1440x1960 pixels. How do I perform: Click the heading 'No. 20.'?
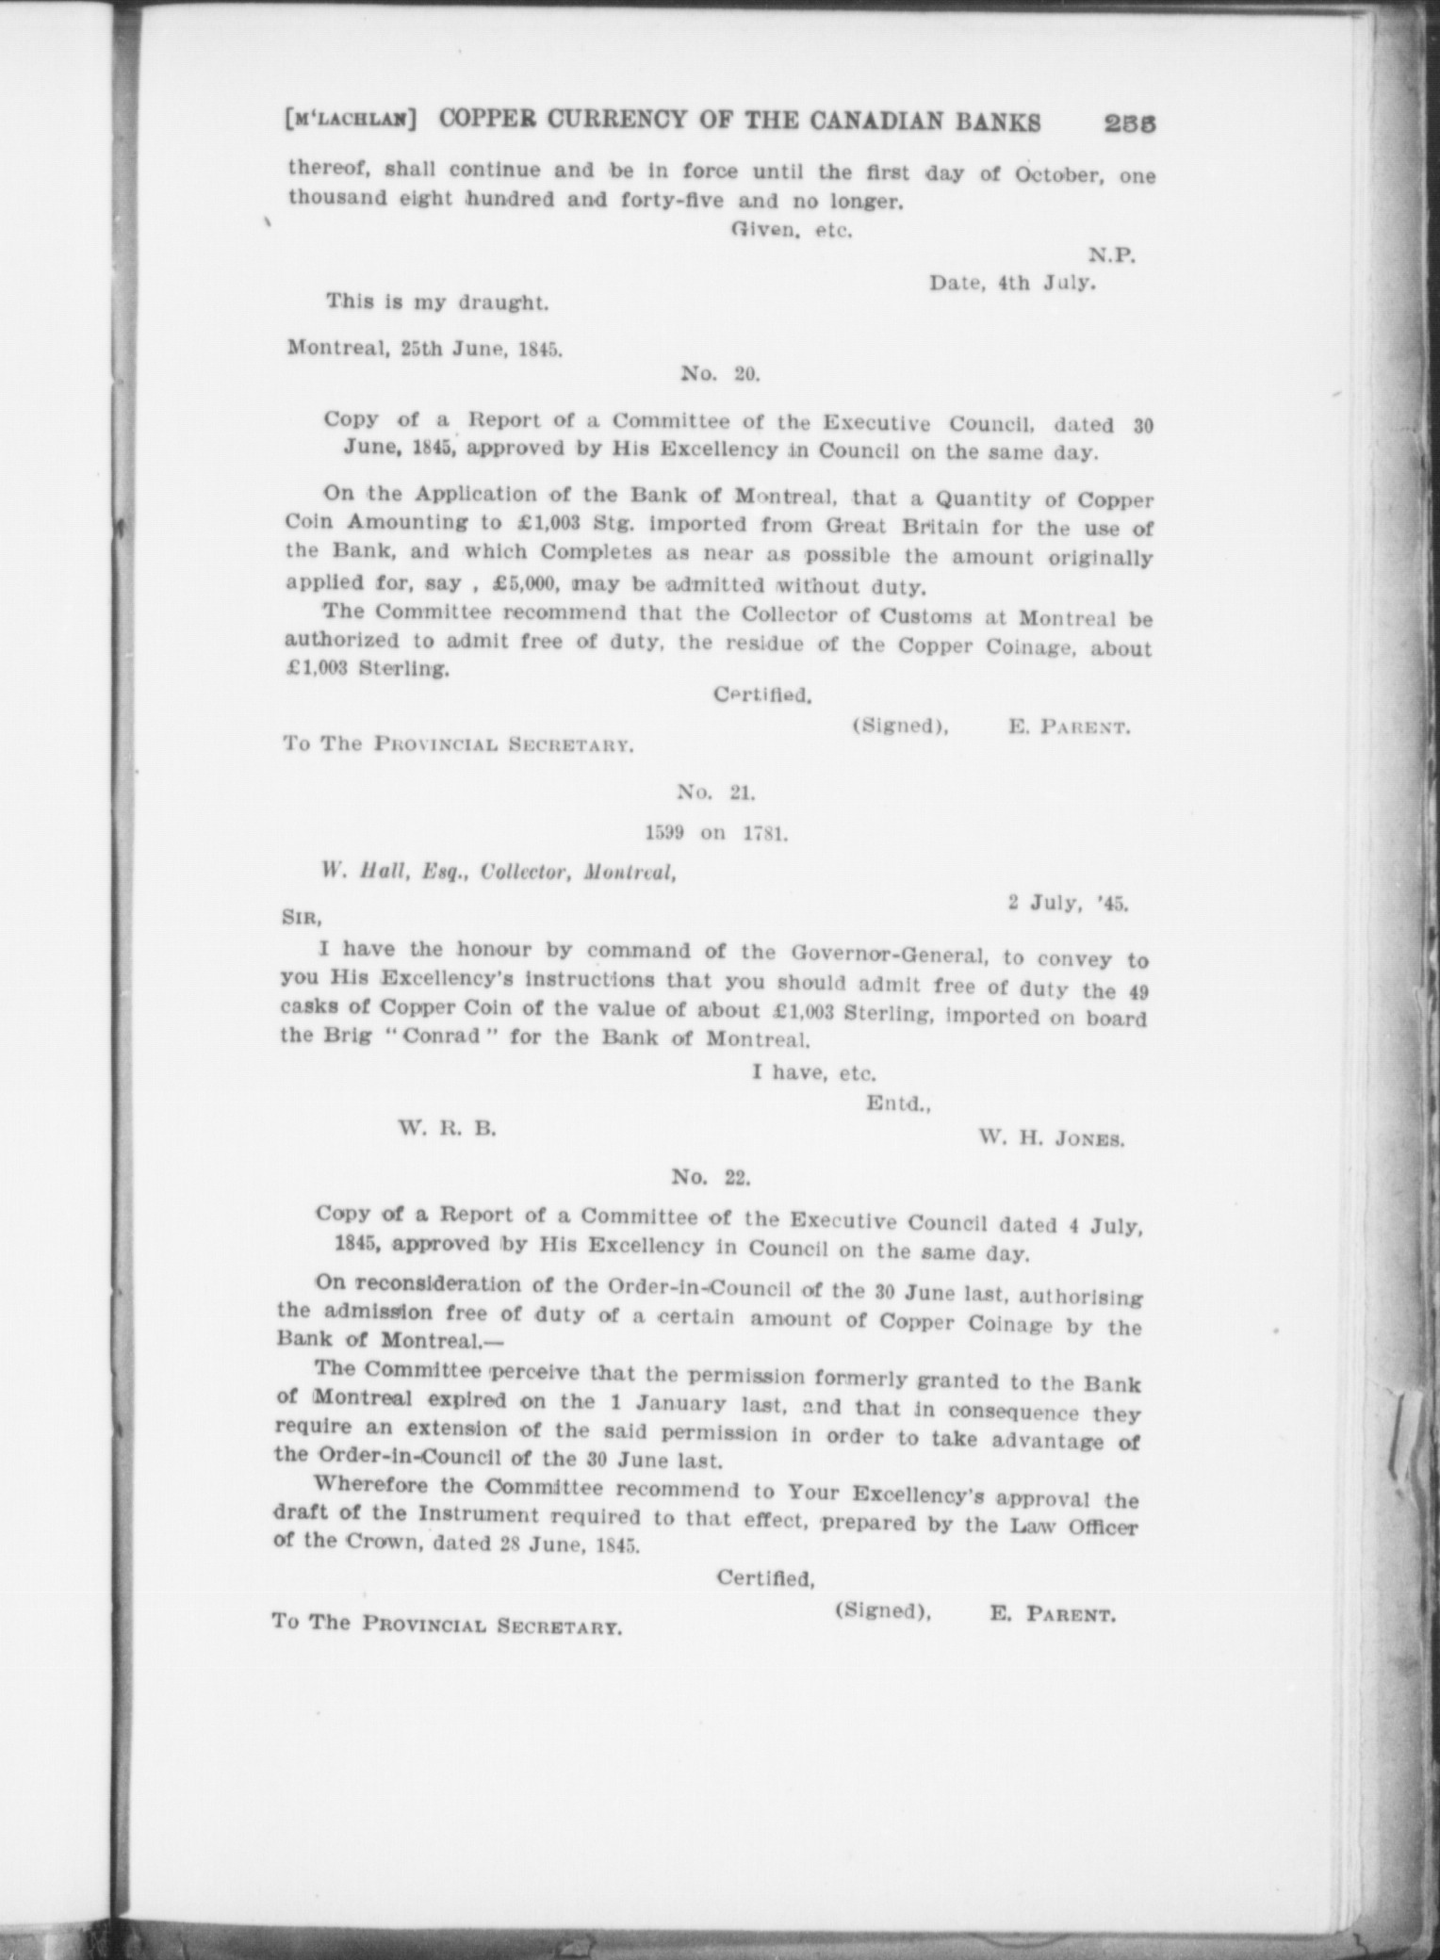[720, 374]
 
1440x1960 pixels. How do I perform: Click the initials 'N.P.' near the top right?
[1112, 254]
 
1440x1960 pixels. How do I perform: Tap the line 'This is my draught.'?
[436, 303]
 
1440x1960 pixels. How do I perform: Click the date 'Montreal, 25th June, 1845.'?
[425, 348]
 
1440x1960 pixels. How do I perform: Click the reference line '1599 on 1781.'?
[715, 834]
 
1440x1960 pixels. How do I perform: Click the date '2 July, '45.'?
[1068, 903]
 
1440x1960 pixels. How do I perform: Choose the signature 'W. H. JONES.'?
[1052, 1138]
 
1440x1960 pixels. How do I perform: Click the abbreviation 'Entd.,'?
[898, 1104]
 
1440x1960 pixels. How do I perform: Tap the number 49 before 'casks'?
[1137, 990]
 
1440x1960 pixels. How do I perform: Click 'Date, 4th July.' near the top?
[1012, 283]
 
